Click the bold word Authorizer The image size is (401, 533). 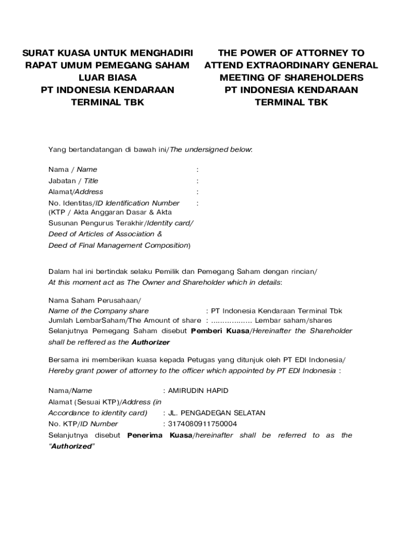coord(151,342)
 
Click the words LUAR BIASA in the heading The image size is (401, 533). coord(107,78)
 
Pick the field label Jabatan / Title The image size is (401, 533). coord(73,181)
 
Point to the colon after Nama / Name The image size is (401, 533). coord(197,170)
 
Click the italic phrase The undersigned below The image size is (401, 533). coord(211,150)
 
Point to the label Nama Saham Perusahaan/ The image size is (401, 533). coord(94,300)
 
